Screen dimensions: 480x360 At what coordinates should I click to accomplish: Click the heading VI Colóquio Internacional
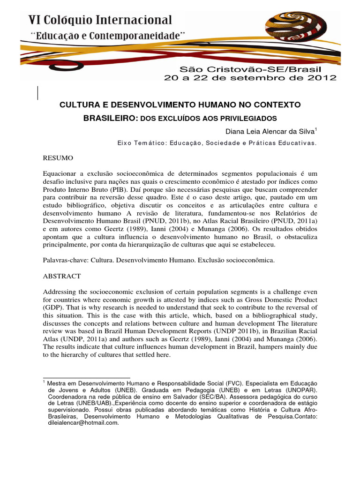100,20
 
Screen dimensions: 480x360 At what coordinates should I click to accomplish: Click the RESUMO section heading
58,159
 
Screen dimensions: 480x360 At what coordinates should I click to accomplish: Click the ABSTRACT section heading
62,276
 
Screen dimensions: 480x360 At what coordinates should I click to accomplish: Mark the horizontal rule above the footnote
86,377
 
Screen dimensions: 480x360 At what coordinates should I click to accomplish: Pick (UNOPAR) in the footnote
300,390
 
